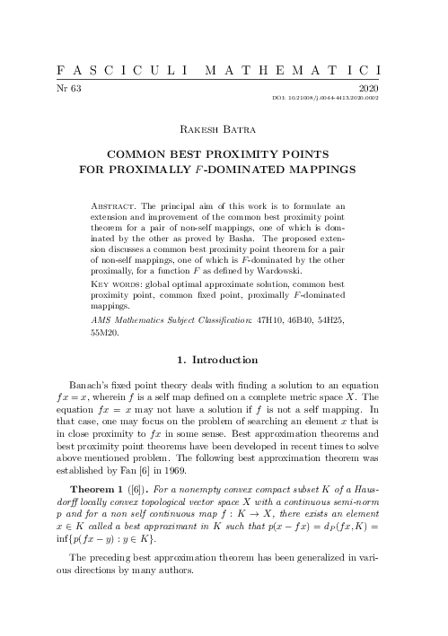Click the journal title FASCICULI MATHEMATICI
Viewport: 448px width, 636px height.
(x=224, y=69)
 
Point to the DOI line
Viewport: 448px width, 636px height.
(x=340, y=99)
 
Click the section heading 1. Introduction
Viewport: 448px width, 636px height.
(x=218, y=361)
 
